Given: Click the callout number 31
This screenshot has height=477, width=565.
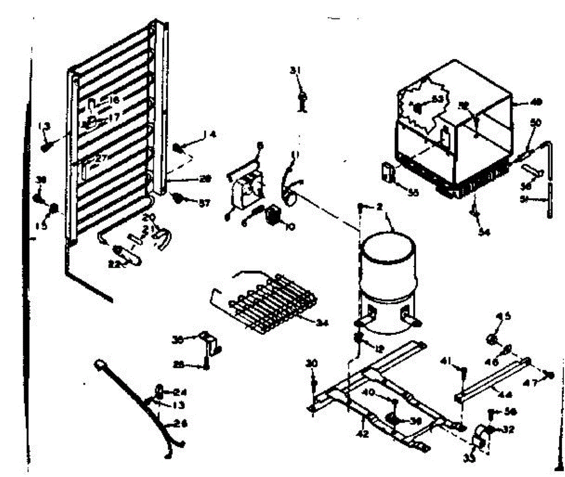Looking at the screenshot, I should tap(295, 71).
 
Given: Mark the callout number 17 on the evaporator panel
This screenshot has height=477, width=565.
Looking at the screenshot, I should tap(114, 116).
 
